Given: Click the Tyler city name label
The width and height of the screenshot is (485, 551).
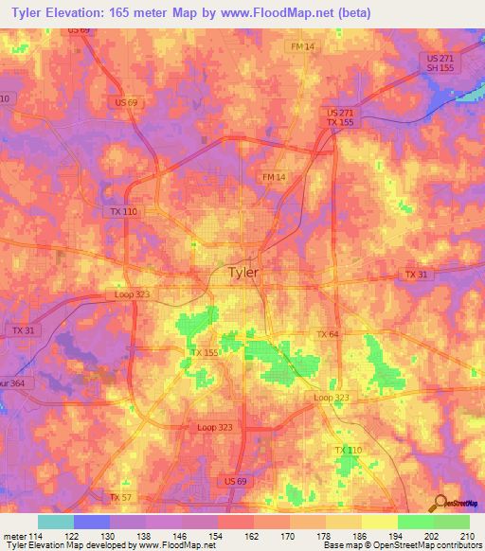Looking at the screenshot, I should [x=243, y=273].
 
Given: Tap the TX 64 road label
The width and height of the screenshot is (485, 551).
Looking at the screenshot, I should [x=328, y=334].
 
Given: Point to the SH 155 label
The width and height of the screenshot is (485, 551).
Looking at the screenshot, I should [x=435, y=68].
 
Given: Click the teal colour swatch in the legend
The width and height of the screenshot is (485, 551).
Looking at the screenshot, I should [x=56, y=522].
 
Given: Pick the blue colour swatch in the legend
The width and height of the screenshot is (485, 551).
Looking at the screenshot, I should [x=92, y=522].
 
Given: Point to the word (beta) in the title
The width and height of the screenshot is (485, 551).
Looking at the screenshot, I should [x=352, y=12].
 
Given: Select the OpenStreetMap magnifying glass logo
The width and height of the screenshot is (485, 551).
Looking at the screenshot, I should [x=440, y=503].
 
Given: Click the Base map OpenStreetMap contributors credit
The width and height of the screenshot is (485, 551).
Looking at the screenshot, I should [x=403, y=545].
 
